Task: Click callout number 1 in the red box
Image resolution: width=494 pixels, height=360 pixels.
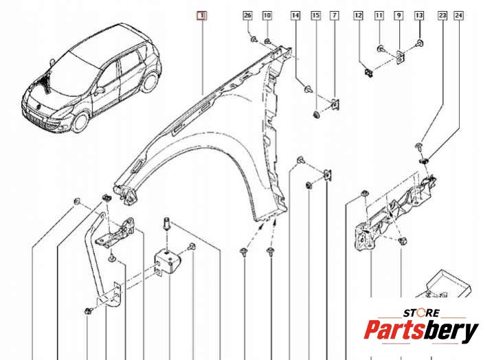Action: tap(201, 15)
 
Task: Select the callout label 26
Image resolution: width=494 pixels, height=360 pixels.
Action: tap(247, 15)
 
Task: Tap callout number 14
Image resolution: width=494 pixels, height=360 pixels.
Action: tap(295, 15)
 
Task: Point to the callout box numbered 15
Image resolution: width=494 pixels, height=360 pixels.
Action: tap(315, 15)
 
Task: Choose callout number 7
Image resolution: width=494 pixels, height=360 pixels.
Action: tap(335, 15)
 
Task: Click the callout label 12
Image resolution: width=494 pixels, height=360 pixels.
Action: tap(358, 15)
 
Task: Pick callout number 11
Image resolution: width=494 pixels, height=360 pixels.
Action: tap(379, 15)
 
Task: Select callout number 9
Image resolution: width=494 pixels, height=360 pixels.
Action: tap(399, 15)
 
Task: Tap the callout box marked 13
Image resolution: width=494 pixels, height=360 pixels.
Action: tap(419, 15)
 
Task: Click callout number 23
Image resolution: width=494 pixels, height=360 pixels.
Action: tap(442, 15)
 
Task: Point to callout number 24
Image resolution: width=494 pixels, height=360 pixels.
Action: tap(458, 15)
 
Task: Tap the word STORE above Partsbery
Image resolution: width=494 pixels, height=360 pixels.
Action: tap(422, 313)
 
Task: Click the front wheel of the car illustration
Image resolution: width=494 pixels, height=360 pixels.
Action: tap(80, 122)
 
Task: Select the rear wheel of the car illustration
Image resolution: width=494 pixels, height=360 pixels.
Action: tap(150, 81)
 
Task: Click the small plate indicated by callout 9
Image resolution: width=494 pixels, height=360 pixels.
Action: tap(401, 57)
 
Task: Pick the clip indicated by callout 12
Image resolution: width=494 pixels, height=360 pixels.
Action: tap(368, 73)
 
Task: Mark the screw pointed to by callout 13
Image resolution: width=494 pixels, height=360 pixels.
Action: tap(419, 43)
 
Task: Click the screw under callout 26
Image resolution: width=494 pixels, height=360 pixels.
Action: tap(254, 40)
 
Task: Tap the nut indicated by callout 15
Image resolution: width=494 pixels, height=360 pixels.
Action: tap(315, 115)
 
